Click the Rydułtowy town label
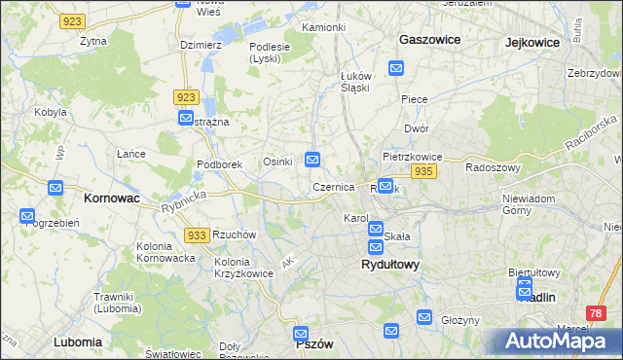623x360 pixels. pos(389,264)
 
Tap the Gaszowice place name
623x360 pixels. pos(429,40)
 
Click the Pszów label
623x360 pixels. pos(314,344)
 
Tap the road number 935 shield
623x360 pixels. pos(422,171)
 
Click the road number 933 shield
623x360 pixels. pos(196,235)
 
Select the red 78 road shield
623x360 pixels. pos(597,313)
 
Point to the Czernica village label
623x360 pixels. pos(333,187)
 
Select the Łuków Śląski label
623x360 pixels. pos(355,83)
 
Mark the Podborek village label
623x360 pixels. pos(219,164)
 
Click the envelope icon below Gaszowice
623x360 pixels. pos(396,67)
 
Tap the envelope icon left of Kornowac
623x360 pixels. pos(55,188)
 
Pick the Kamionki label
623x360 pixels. pos(324,26)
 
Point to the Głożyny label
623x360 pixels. pos(461,320)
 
